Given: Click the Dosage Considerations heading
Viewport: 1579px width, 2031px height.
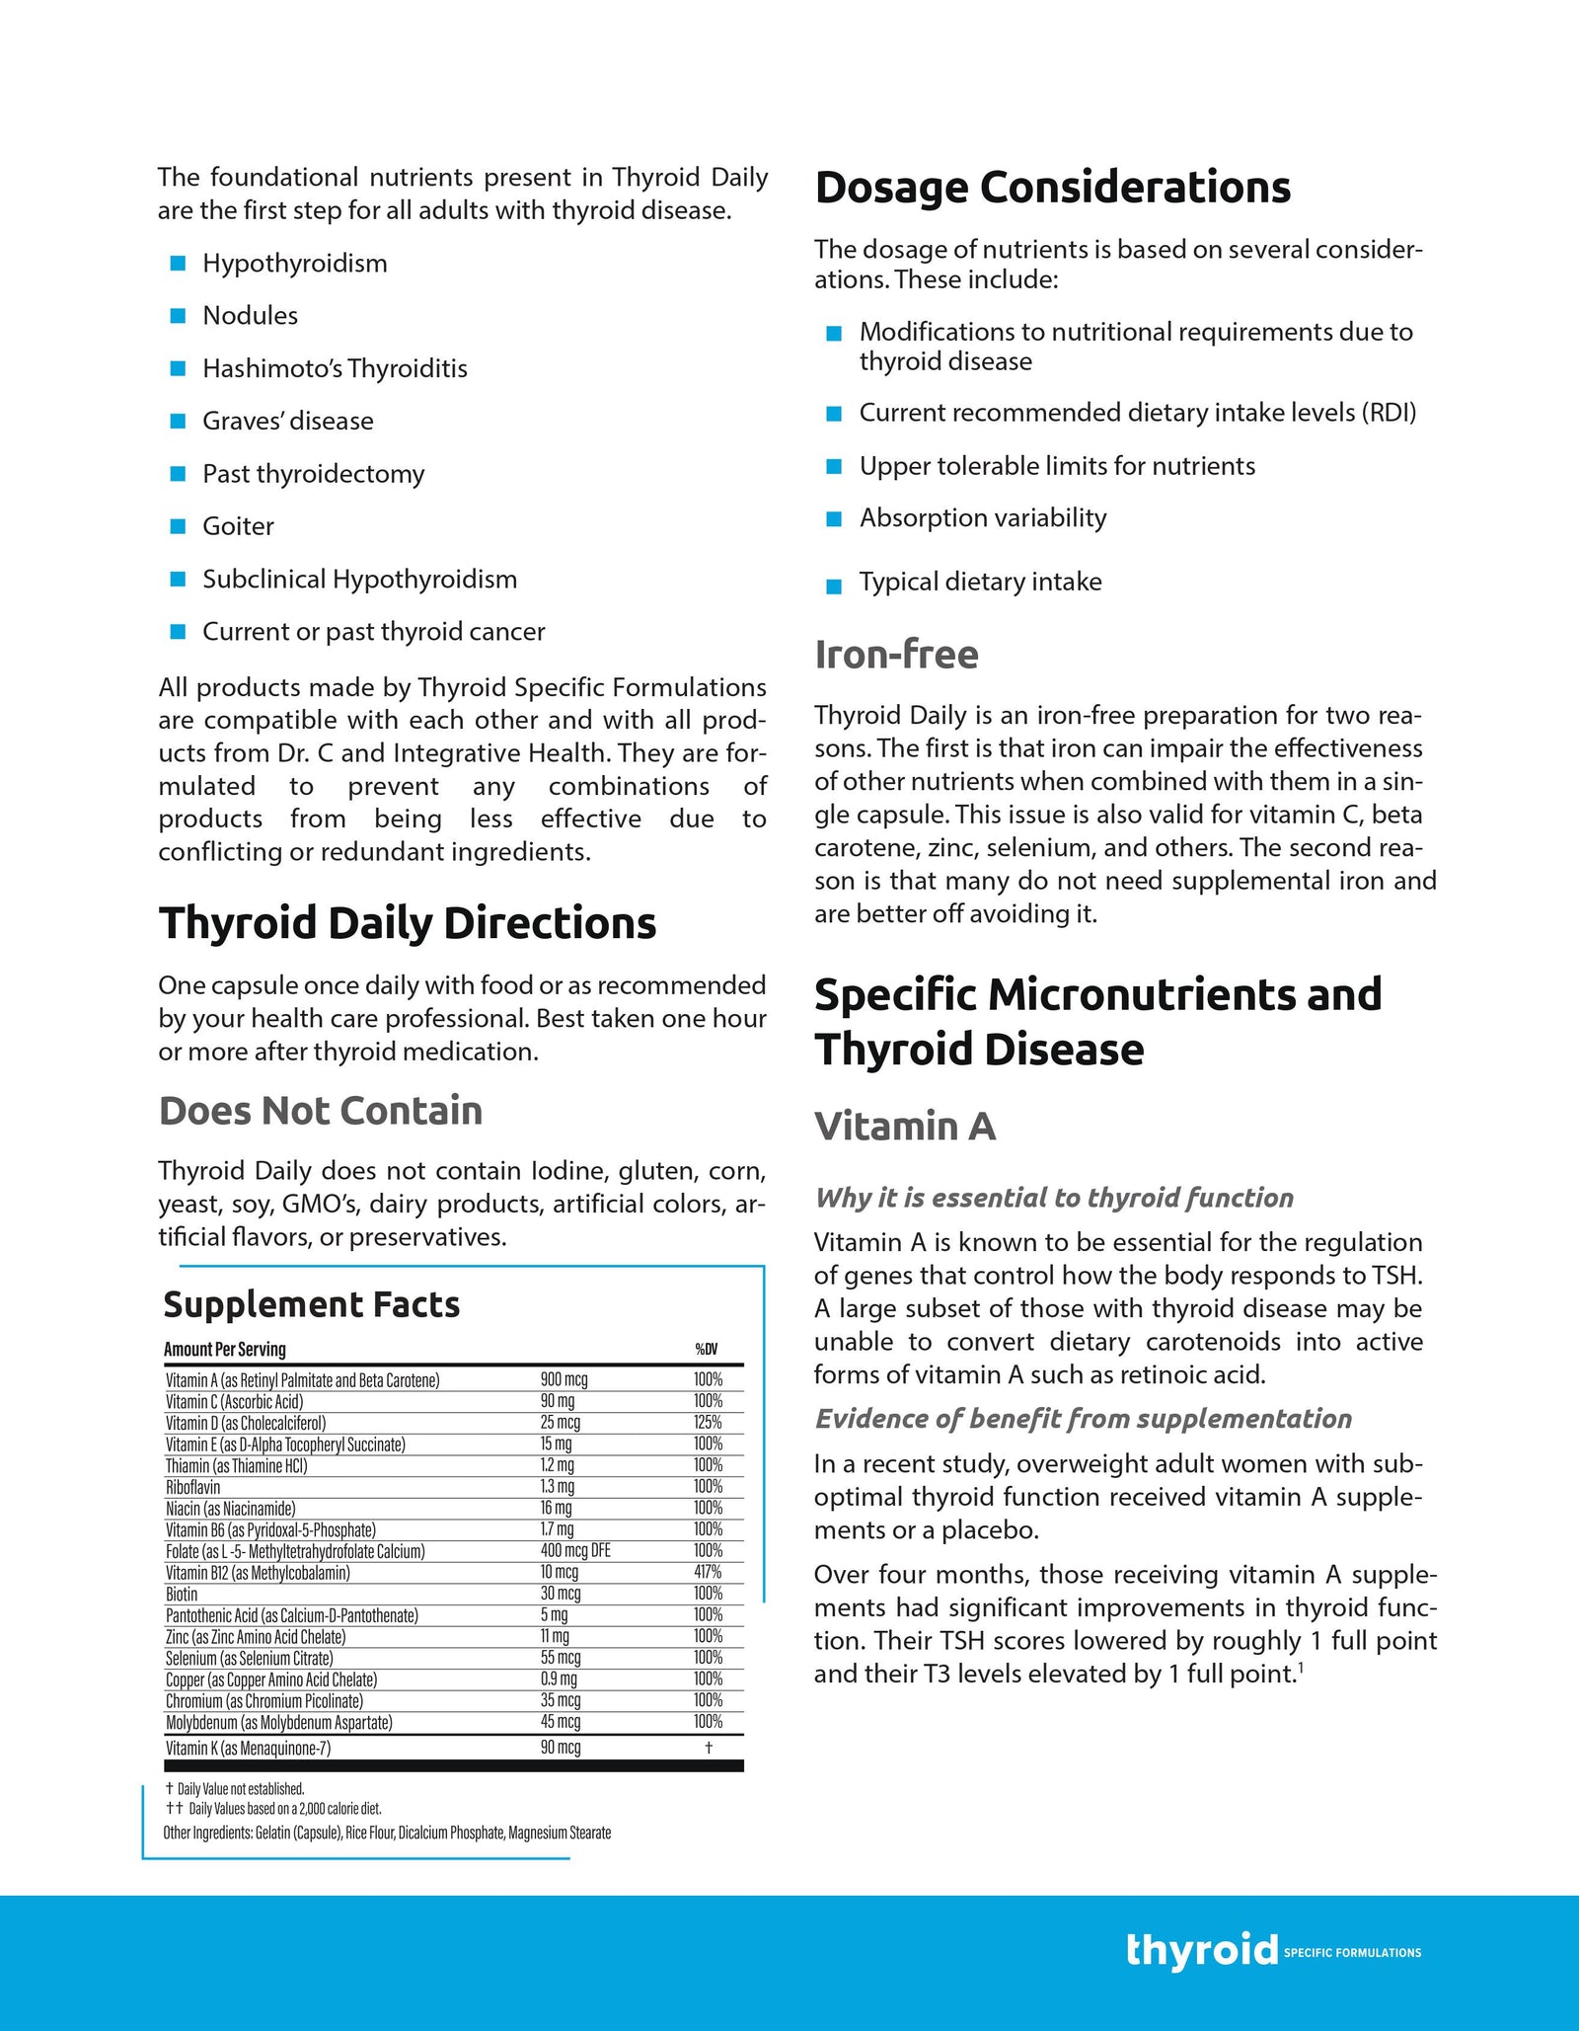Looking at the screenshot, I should point(1052,188).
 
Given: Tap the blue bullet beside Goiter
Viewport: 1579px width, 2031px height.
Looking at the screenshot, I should point(179,526).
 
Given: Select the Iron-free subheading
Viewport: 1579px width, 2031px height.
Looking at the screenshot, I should point(896,655).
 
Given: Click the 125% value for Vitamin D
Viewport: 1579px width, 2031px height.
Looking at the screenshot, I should point(708,1423).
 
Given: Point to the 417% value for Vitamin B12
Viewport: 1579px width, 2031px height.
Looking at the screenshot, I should point(708,1572).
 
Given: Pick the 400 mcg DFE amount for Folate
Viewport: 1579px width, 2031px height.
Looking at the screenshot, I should point(575,1551).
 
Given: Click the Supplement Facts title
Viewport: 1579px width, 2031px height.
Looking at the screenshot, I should point(311,1304).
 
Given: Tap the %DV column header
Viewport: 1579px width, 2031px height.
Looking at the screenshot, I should point(707,1350).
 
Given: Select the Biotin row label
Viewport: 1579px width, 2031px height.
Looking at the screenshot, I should point(182,1594).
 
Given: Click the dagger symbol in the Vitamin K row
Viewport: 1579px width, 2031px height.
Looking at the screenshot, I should point(709,1748).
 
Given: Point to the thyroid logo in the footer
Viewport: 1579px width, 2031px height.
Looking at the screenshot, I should point(1201,1950).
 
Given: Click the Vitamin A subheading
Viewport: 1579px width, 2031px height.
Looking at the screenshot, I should point(905,1127).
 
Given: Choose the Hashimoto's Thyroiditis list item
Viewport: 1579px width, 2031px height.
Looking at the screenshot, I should point(335,368).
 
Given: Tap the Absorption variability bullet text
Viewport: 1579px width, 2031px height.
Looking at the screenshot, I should point(982,518).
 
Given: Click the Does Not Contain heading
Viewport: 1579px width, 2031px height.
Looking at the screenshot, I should point(321,1111).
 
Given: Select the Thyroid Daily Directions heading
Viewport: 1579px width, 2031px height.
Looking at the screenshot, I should point(408,924).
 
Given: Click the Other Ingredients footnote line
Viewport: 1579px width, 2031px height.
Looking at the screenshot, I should point(387,1833).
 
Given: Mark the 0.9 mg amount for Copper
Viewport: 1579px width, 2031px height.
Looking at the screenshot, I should point(559,1679).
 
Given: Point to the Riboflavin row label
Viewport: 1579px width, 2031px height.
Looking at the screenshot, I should point(193,1487).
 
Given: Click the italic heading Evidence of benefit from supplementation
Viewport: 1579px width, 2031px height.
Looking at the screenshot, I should point(1083,1419).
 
